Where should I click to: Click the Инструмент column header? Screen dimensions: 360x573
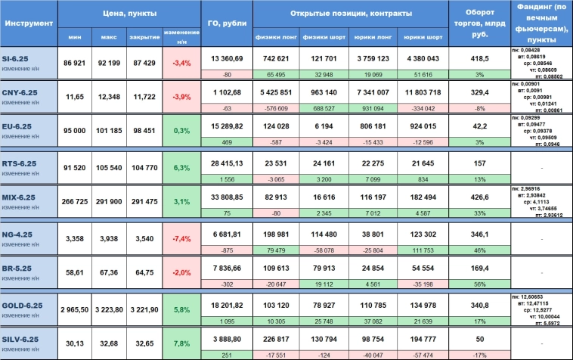coord(29,23)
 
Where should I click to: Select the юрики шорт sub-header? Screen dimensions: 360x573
coord(423,36)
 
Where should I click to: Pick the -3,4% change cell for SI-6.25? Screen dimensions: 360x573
coord(181,63)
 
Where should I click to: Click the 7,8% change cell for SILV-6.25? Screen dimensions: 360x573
coord(181,343)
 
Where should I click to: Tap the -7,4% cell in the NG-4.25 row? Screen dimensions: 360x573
coord(181,238)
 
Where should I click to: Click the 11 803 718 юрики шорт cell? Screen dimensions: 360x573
coord(423,93)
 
